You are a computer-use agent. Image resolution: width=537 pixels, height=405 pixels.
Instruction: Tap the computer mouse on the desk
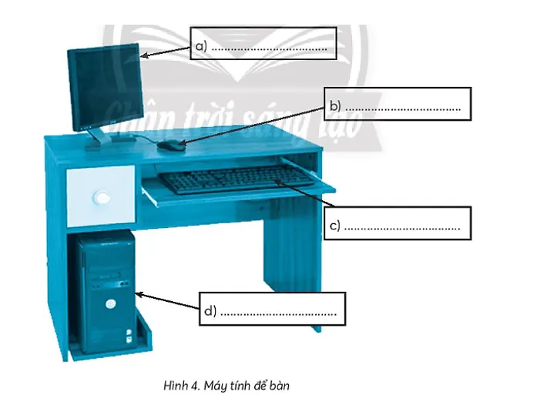coord(169,144)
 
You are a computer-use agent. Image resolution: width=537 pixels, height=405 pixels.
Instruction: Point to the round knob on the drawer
coord(101,199)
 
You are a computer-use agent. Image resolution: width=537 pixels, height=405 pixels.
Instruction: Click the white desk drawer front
coord(100,196)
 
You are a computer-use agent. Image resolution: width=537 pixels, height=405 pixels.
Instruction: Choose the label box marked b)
coord(398,105)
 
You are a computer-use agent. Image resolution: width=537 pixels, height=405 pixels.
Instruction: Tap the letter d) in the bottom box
coord(210,311)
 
